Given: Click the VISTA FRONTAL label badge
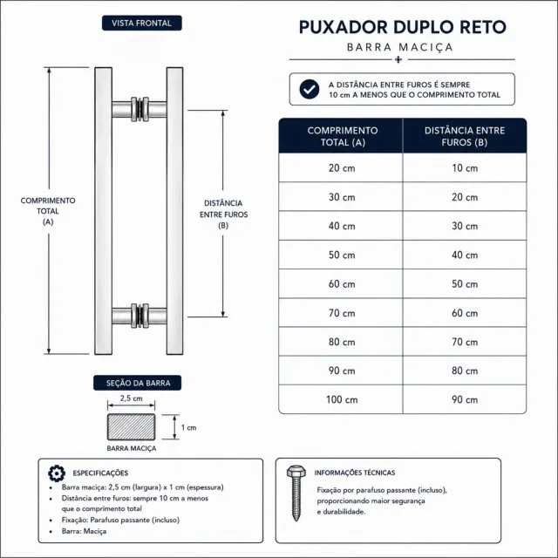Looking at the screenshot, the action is [x=141, y=24].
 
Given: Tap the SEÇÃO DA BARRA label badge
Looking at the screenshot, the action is [x=138, y=383].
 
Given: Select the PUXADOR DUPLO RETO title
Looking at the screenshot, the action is [x=402, y=27].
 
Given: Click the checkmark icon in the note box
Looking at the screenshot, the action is [x=310, y=89].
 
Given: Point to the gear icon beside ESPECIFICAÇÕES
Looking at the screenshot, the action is [x=57, y=473].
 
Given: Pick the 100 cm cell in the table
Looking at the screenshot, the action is [x=342, y=399].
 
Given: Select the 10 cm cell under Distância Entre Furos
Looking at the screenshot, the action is [x=465, y=168].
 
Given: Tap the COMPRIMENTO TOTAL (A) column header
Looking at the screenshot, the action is [x=342, y=136].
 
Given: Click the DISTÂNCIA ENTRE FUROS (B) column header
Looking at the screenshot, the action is [x=465, y=136].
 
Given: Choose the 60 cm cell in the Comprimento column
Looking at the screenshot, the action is [x=342, y=284].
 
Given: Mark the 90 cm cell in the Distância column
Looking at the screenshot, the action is [x=465, y=399].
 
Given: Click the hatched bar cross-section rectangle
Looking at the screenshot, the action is [x=132, y=426].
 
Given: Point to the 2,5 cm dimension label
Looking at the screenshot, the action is [x=131, y=398].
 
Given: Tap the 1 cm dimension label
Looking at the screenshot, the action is [x=188, y=427].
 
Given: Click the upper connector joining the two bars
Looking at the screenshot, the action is [x=139, y=109].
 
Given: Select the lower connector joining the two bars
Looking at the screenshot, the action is [x=139, y=316].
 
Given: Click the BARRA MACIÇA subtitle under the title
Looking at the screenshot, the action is [x=400, y=47].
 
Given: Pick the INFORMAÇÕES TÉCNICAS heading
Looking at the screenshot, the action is [x=355, y=473].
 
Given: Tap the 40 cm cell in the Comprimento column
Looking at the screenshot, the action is [x=342, y=226].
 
